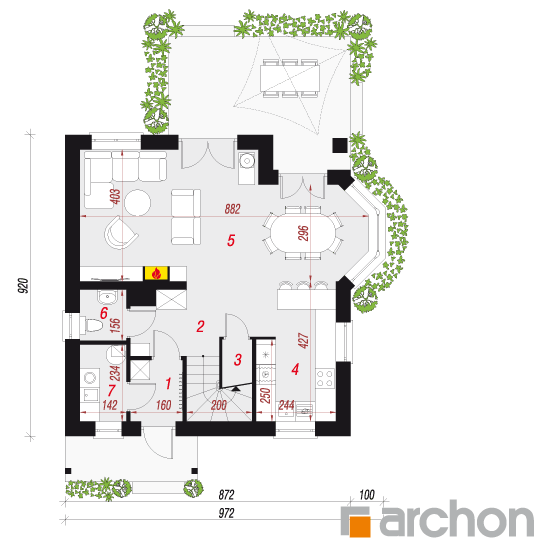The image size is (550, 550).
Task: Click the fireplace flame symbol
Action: point(156,273)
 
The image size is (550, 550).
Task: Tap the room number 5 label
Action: point(230,240)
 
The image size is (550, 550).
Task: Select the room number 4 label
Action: point(295,369)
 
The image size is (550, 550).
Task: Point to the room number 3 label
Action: point(238,360)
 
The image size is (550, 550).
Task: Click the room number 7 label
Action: point(112,390)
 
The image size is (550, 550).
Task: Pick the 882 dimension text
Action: point(232,209)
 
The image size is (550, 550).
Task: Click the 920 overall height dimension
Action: point(23,286)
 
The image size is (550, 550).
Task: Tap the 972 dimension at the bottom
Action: point(226,513)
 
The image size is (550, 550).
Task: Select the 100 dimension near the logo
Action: point(367,495)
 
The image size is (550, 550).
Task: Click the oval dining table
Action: point(302,233)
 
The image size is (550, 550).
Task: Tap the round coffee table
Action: point(138,202)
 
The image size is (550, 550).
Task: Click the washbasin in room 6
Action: point(107,297)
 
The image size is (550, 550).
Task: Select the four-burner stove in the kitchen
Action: point(324,378)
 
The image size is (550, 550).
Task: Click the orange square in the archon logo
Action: point(360,526)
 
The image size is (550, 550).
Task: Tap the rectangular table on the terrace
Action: point(290,78)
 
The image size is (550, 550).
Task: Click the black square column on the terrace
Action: point(340,145)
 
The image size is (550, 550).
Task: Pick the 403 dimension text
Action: point(115,196)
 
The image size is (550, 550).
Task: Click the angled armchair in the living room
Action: point(121,233)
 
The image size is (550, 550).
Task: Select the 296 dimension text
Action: point(303,233)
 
